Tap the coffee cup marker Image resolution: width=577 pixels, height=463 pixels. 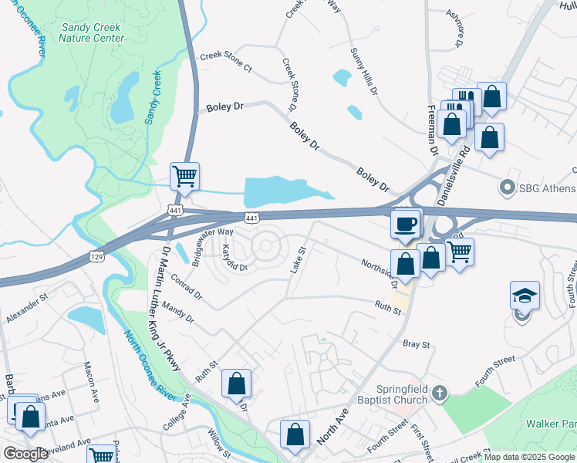tap(406, 225)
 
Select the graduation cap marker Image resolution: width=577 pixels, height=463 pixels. tap(525, 296)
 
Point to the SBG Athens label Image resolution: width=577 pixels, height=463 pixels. tap(546, 188)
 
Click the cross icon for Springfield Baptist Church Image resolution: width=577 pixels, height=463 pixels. tap(439, 394)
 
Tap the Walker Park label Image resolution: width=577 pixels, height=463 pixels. tap(550, 423)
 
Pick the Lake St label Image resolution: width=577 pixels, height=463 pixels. tap(298, 261)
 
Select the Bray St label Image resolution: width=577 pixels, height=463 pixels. tap(415, 343)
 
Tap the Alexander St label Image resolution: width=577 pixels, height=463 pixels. tap(27, 307)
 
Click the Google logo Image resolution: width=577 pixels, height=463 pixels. tap(25, 454)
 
